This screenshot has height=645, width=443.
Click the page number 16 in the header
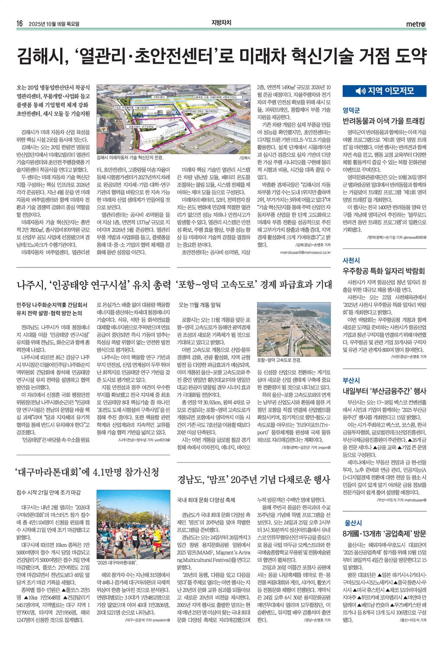coord(19,24)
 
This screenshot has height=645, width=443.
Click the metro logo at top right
coord(416,24)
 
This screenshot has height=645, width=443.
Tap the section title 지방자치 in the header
coord(221,23)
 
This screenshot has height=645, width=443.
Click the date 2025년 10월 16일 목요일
coord(54,24)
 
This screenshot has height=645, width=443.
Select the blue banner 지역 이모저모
coord(384,91)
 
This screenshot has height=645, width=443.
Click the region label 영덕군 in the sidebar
coord(351,110)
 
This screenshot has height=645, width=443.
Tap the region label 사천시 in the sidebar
coord(351,260)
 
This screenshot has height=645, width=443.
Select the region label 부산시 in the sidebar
coord(351,380)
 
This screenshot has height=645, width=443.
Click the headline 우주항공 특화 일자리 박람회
coord(383,271)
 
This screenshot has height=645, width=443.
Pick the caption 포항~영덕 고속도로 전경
coord(279,360)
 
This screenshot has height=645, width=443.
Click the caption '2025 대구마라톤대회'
coord(117,563)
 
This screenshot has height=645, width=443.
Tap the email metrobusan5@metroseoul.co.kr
coord(305,252)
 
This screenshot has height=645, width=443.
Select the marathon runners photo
coord(133,524)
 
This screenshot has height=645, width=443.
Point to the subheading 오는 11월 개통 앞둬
coord(199,305)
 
